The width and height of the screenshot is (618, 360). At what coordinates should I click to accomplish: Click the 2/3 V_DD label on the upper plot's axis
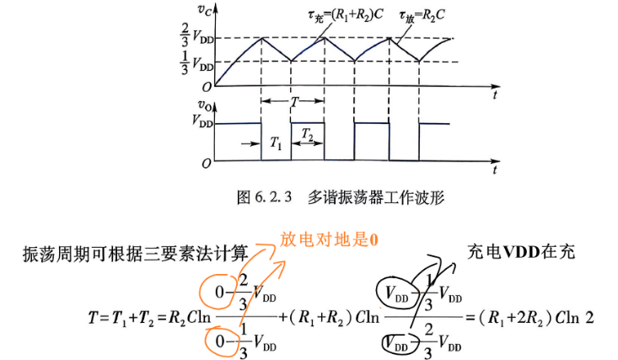point(197,35)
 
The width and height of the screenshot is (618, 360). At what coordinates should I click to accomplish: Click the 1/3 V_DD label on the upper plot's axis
point(197,63)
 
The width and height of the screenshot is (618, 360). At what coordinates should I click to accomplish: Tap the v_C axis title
point(206,9)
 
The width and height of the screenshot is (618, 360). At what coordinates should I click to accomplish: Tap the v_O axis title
point(206,105)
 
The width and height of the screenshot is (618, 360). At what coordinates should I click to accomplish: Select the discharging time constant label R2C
point(422,16)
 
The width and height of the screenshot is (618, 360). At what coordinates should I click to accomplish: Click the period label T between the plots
point(294,102)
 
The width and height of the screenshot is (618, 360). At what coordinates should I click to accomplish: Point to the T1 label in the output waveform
point(276,142)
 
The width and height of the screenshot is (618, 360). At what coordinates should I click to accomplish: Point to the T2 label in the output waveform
point(307,134)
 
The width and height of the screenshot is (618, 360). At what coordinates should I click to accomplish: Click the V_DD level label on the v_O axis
point(202,121)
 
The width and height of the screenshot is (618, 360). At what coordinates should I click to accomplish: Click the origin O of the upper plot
point(207,87)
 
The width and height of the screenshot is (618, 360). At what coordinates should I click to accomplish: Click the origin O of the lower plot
point(207,164)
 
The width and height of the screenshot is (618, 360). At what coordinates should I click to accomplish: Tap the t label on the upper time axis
point(495,95)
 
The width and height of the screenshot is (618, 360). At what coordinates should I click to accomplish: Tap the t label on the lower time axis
point(495,170)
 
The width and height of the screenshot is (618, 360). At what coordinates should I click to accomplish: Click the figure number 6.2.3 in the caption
point(272,196)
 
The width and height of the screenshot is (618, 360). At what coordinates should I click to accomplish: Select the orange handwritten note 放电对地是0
point(329,239)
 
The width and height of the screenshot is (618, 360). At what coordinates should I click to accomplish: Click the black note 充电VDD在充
point(521,251)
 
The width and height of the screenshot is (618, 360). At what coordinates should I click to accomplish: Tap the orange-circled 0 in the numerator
point(219,293)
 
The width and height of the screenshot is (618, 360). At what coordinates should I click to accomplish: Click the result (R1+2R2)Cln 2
point(536,318)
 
